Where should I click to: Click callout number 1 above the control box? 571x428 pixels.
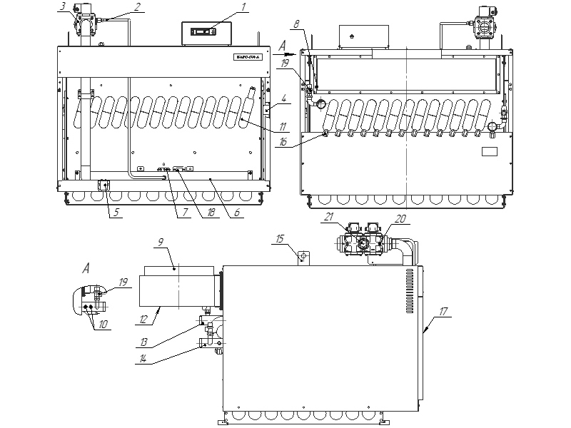click(243, 7)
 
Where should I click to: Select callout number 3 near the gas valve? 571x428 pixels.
click(64, 6)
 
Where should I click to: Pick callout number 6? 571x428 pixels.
click(238, 212)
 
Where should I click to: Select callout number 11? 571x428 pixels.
click(283, 127)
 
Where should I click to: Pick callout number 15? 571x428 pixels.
click(281, 237)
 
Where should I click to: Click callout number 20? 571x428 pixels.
click(400, 219)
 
